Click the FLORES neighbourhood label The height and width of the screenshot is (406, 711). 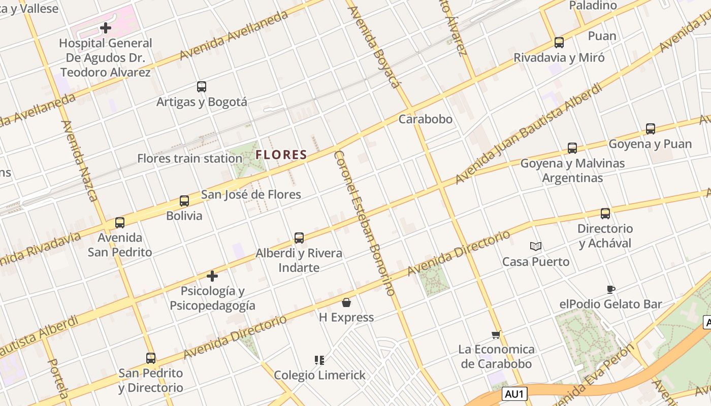(x=281, y=155)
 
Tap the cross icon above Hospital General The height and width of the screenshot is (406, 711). (x=106, y=28)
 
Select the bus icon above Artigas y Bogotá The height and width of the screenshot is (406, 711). (x=202, y=87)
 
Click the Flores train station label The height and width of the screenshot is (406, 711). (x=189, y=158)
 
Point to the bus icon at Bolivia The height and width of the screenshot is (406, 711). (x=184, y=201)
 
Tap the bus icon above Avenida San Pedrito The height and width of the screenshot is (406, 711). (x=120, y=222)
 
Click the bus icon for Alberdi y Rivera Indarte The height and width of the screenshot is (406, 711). (x=299, y=238)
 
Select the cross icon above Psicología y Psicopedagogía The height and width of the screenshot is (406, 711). (x=212, y=276)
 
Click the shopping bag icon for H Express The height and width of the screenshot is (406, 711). (x=346, y=302)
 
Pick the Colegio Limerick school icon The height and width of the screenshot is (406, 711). (x=319, y=360)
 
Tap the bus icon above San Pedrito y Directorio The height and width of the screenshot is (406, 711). (x=151, y=358)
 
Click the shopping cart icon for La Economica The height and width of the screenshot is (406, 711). (x=496, y=334)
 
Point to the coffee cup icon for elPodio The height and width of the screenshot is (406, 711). (x=611, y=289)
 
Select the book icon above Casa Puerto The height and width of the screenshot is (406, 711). (x=535, y=247)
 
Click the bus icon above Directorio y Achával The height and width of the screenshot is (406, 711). (x=605, y=214)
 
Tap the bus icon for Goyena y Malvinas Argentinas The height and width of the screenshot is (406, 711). (x=572, y=148)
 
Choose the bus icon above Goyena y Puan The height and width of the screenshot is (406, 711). (x=651, y=129)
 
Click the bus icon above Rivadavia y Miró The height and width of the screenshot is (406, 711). (x=559, y=43)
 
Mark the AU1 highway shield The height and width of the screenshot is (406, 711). (x=515, y=393)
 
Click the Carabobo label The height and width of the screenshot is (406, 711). (x=425, y=119)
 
